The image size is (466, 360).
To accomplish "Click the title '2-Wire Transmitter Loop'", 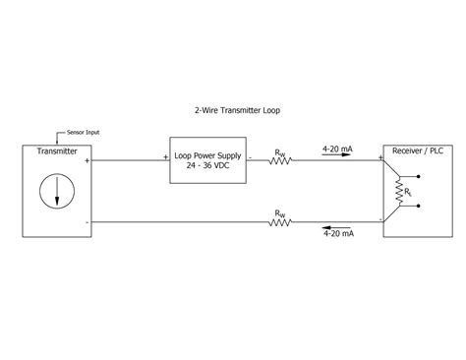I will point(238,110).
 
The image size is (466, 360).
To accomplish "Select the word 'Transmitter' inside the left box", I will point(57,152).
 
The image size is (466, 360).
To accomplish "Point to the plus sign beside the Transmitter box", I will point(87,158).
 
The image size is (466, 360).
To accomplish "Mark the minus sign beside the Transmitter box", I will point(87,221).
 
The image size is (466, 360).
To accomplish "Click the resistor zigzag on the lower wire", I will point(281,222).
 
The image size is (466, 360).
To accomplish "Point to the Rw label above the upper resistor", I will point(281,152).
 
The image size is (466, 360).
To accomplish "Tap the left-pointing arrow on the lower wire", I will point(339,227).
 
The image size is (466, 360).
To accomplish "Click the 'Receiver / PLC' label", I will point(414,151).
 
